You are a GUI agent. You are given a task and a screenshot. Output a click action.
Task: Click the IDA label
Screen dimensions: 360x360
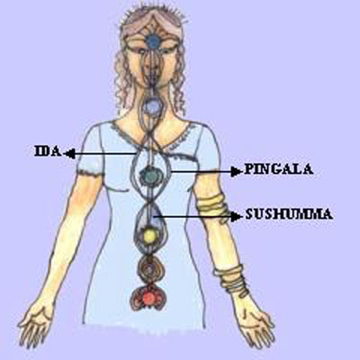pos(48,151)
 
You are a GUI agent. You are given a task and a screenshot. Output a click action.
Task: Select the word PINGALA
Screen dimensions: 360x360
pos(279,169)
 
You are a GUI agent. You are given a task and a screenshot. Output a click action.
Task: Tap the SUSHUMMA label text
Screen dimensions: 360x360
pos(289,214)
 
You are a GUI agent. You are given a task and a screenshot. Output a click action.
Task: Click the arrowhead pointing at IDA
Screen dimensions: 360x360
pos(70,154)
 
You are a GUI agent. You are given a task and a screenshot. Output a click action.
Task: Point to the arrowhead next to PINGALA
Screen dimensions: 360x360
pos(236,172)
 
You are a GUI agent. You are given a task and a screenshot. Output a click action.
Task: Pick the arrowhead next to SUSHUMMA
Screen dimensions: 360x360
pos(236,216)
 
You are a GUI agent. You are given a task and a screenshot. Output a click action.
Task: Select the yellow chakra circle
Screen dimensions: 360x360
pos(149,237)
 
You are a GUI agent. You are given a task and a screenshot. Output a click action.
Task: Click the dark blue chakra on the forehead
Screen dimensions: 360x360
pos(154,40)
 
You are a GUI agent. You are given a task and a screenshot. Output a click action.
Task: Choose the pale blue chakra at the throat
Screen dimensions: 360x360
pos(152,106)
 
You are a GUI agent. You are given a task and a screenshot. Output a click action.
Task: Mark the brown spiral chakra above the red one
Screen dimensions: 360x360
pos(148,268)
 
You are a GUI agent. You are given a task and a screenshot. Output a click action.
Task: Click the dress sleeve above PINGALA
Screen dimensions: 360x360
pos(207,147)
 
